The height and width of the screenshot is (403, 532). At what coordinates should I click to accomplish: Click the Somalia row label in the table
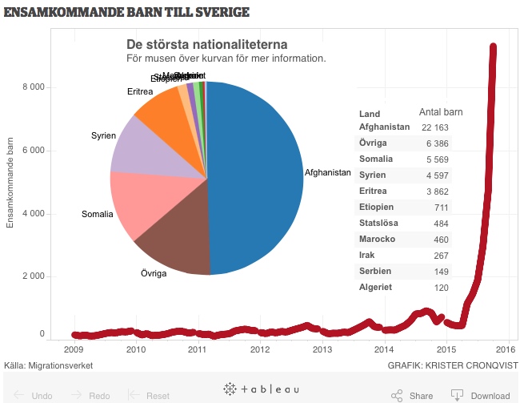pos(376,159)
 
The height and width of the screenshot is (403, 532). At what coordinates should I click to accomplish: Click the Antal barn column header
pos(441,112)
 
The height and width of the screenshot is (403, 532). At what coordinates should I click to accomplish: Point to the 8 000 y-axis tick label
pos(33,87)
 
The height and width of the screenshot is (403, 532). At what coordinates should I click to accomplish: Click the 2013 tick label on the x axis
pos(322,349)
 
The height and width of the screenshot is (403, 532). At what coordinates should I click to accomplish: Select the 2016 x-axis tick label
pos(505,349)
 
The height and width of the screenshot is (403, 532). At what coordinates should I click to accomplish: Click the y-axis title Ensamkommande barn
pos(10,183)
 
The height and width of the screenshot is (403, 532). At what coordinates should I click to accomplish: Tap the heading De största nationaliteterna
pos(207,44)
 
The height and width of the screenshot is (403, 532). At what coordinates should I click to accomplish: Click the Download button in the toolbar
pos(481,395)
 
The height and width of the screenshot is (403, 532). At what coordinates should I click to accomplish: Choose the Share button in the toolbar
pos(413,395)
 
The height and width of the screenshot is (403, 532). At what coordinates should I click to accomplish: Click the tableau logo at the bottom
pos(262,389)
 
